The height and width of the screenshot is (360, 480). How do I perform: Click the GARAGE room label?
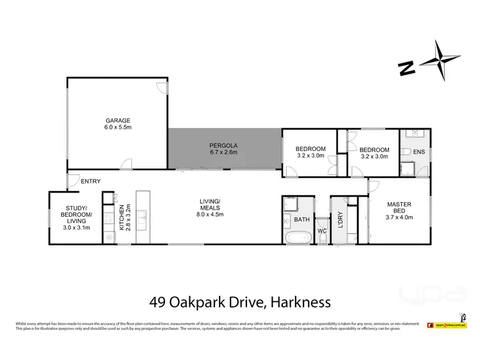click(x=118, y=120)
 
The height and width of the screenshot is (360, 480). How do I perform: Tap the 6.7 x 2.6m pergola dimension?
click(x=224, y=152)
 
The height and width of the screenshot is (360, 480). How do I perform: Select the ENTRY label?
click(x=90, y=182)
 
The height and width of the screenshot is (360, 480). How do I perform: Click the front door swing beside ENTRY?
click(x=73, y=182)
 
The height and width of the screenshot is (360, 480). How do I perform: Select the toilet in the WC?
click(x=323, y=239)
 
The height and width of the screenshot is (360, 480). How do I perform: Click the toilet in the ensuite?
click(x=407, y=152)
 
